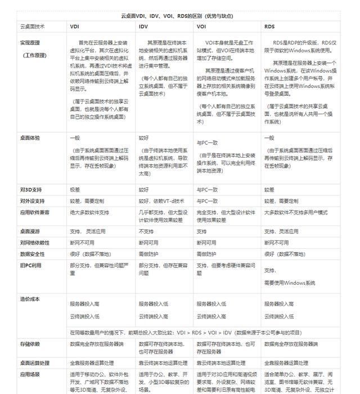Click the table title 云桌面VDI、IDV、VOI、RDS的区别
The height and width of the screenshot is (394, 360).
click(179, 16)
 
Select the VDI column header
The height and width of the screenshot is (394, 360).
click(74, 26)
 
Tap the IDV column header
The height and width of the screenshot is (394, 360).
click(143, 26)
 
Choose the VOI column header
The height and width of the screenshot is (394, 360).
click(201, 26)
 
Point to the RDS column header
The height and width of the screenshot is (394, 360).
click(269, 26)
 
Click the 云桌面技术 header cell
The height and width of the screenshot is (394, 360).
click(33, 26)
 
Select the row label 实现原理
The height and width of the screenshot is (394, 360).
click(32, 42)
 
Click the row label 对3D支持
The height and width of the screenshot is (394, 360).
click(30, 190)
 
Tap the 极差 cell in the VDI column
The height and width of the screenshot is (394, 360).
click(75, 190)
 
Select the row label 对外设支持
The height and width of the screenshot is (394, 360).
click(32, 201)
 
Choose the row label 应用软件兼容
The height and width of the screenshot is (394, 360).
click(34, 212)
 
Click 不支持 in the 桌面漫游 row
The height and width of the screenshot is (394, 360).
click(146, 231)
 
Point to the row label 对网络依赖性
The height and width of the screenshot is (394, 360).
click(34, 243)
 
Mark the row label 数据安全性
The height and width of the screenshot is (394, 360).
click(32, 254)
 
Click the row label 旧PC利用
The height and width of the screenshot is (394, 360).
click(30, 265)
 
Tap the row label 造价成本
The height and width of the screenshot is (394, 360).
click(30, 299)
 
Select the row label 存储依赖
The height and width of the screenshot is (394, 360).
click(30, 343)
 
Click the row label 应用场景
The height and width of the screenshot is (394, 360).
click(30, 374)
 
